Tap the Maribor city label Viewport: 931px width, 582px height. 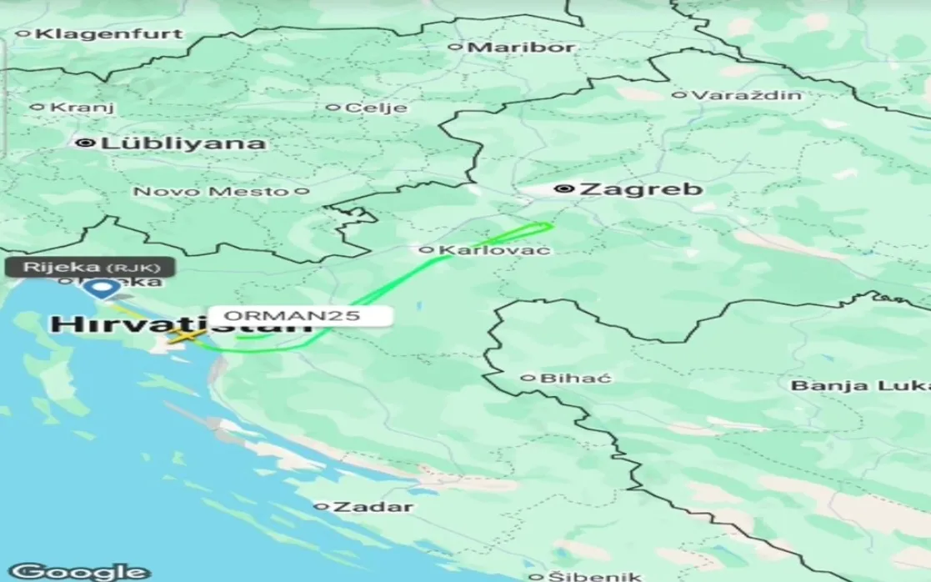(x=522, y=48)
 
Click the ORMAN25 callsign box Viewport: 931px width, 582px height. (x=299, y=317)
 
